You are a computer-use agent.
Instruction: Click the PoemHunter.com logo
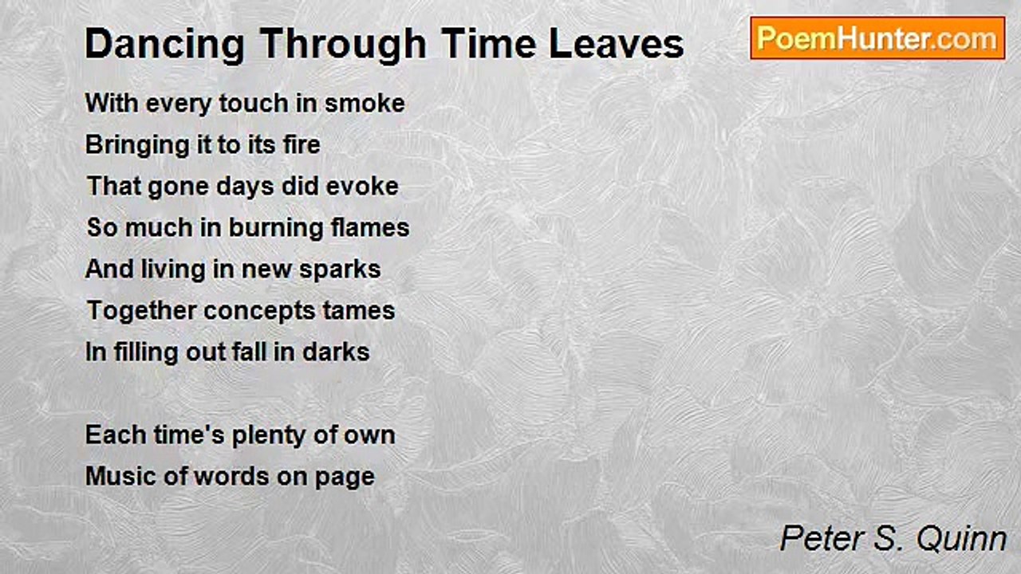click(877, 38)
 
